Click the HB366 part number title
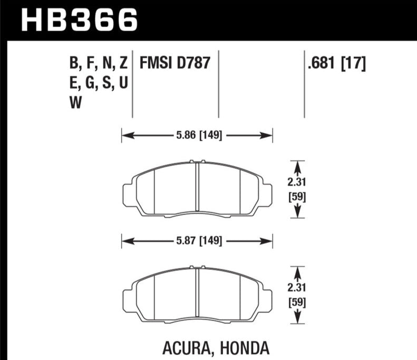[79, 20]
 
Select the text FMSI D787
[174, 63]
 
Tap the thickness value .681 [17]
[337, 63]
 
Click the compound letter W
[75, 102]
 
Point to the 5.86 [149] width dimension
[199, 135]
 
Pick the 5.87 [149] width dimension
[199, 241]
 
